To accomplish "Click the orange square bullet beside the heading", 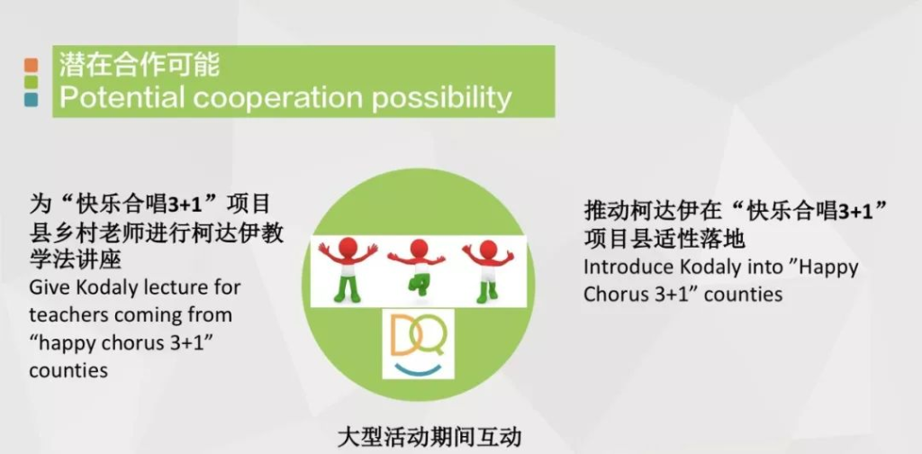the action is tap(32, 65).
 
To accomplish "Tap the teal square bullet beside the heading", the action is tap(32, 100).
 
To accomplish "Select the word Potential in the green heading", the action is tap(122, 97).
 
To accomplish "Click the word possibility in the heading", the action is tap(441, 99).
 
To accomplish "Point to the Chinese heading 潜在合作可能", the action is tap(140, 64).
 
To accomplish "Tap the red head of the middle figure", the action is tap(418, 250).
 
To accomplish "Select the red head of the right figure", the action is tap(488, 250).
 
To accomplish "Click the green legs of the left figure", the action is tap(348, 289).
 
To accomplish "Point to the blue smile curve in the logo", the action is tap(418, 368).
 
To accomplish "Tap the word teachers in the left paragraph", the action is tap(68, 315).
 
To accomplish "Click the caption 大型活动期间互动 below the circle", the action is tap(429, 438).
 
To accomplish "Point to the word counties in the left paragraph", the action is tap(68, 371).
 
